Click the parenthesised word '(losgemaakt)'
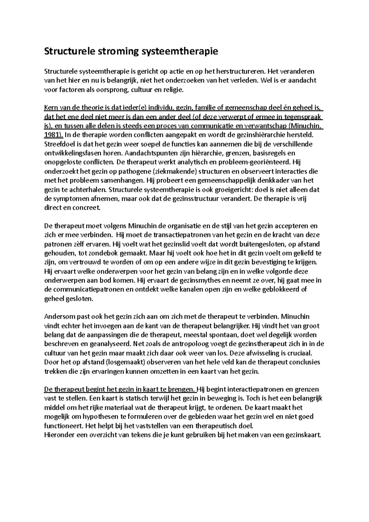113,362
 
